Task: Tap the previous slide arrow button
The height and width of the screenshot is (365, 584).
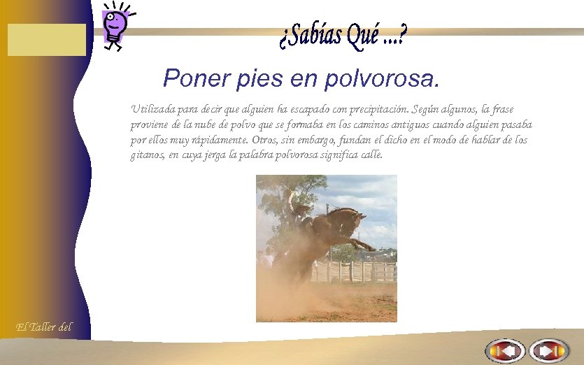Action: coord(505,350)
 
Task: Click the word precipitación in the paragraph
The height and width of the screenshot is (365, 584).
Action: coord(377,109)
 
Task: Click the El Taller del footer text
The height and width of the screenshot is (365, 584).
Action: coord(43,327)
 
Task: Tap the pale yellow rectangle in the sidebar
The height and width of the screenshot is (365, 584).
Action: coord(47,40)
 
